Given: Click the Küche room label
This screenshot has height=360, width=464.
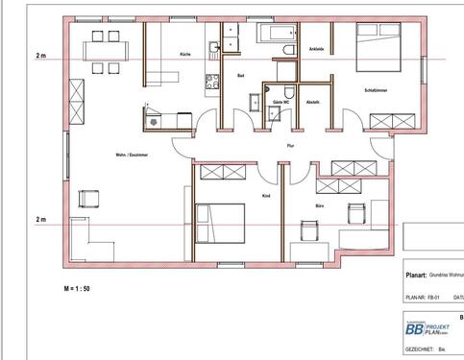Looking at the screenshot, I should point(185,55).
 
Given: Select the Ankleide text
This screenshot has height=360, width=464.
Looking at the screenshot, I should point(316,47).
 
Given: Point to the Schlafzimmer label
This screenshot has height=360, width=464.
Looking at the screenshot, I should point(377,88).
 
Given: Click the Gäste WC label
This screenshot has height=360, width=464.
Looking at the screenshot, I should point(282,101).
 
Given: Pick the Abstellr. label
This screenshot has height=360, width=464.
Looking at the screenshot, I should point(313,101).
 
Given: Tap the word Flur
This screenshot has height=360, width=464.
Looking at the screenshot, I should point(290,146).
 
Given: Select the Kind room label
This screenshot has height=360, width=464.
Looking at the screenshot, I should point(266,196).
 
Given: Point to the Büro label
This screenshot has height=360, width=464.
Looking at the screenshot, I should point(319,205).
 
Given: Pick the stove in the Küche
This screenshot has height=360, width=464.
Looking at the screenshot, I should point(154,119).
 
